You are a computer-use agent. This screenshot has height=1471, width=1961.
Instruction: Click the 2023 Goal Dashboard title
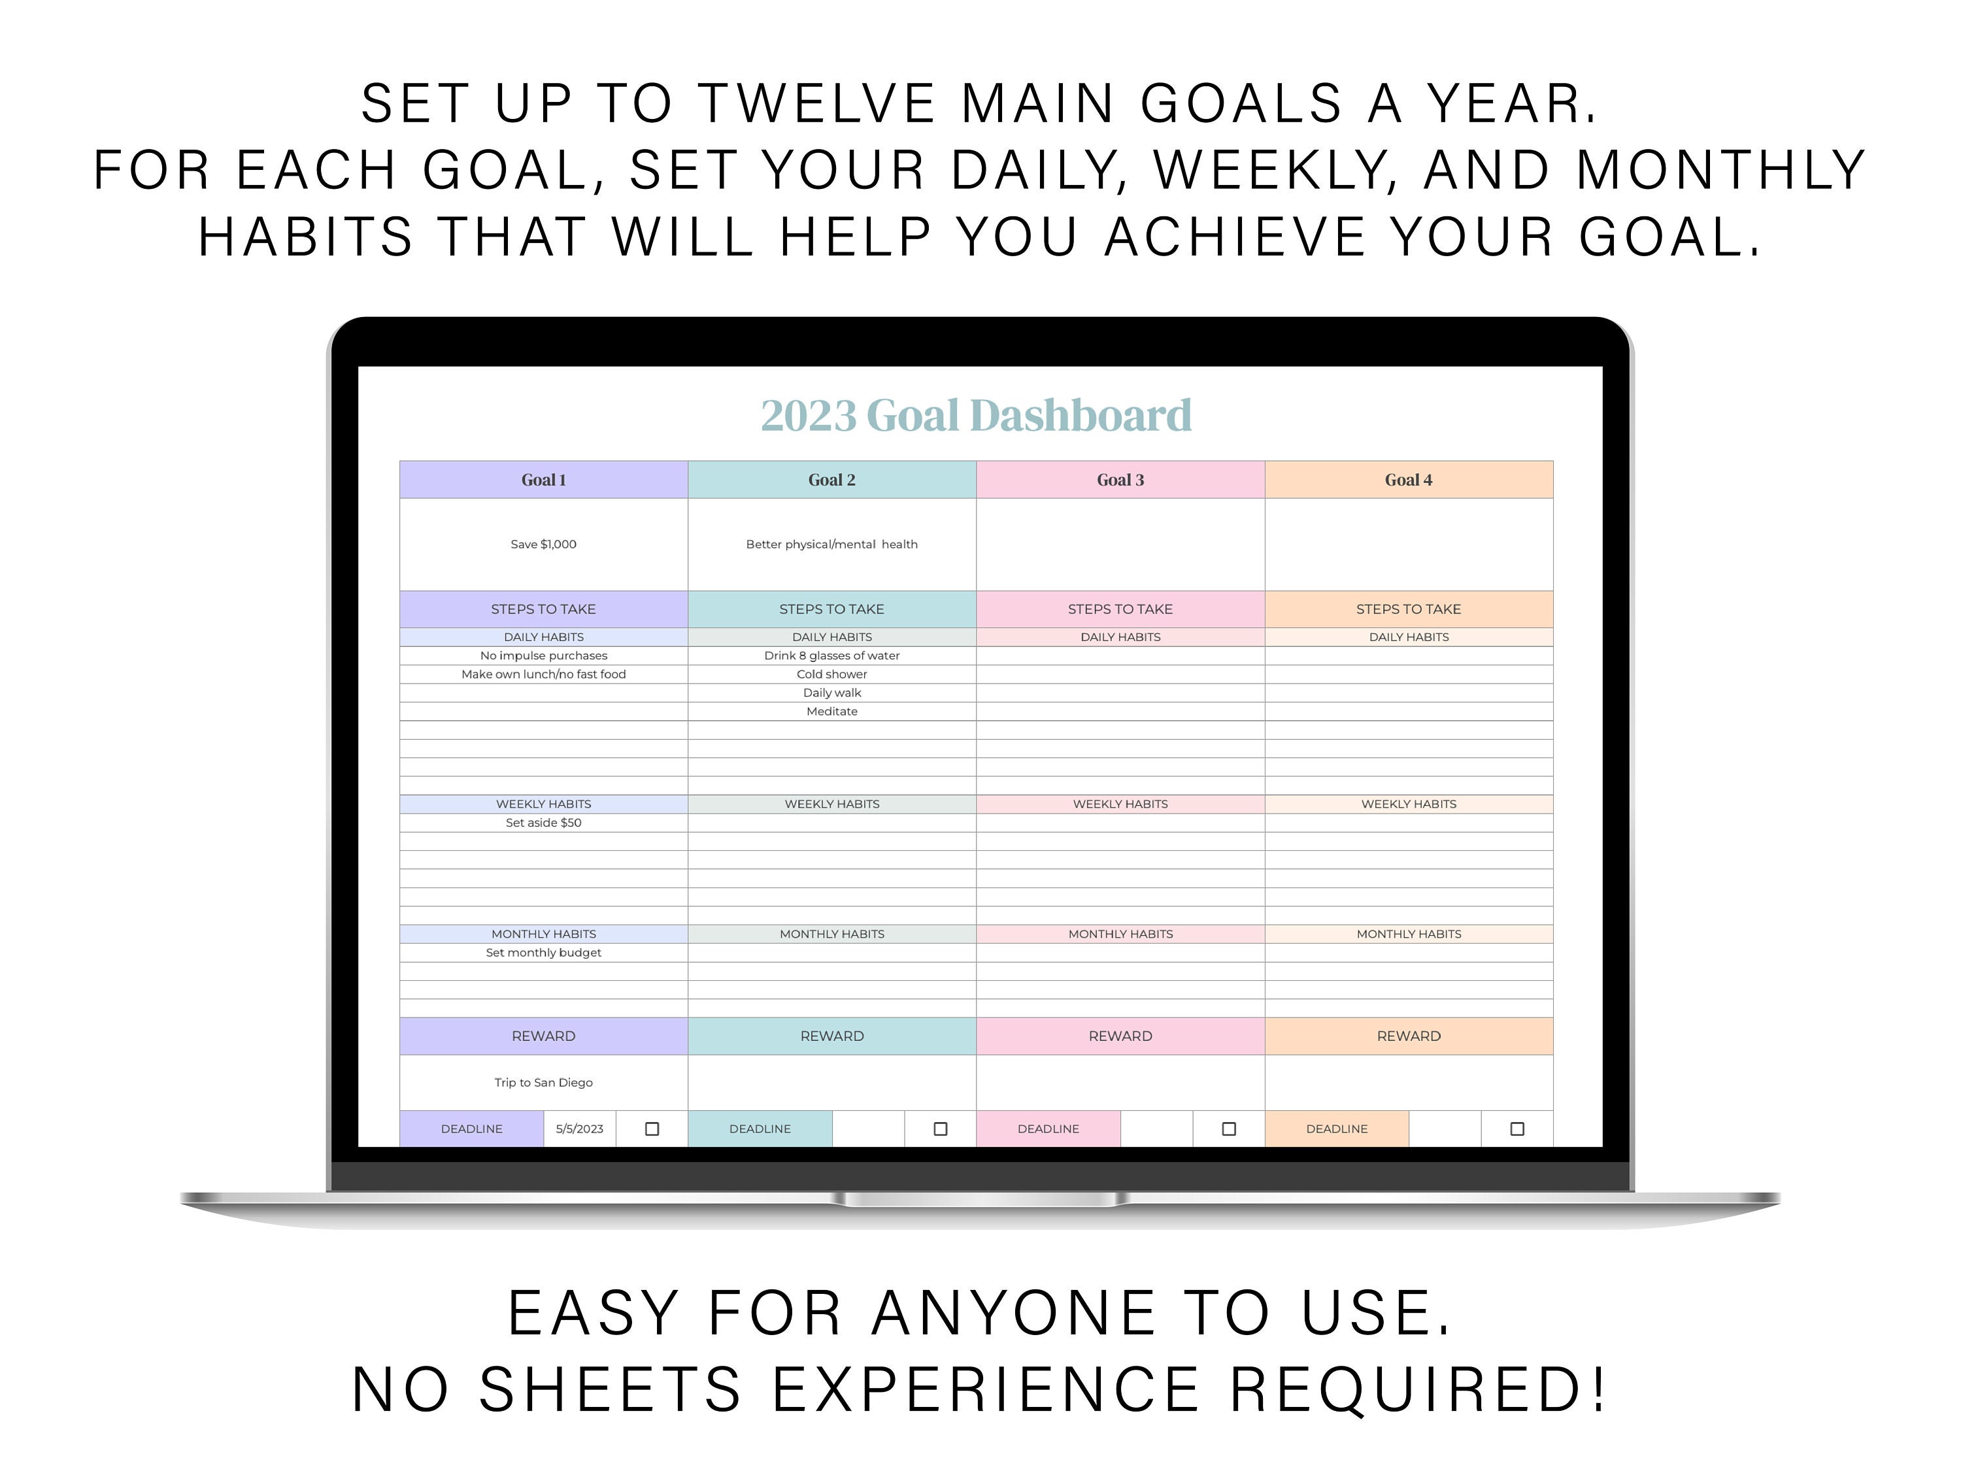coord(975,416)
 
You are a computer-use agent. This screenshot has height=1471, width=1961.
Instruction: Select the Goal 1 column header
coord(543,480)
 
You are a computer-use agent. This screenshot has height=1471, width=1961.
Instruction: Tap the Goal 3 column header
coord(1120,480)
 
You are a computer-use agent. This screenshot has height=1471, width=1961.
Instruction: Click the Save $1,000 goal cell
coord(543,544)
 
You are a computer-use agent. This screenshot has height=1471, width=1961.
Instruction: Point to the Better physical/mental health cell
coord(831,544)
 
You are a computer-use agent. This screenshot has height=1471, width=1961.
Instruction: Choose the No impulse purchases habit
coord(543,655)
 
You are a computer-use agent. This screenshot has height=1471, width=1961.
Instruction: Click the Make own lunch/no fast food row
coord(543,674)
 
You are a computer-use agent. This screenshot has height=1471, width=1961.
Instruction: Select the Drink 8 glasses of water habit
coord(831,655)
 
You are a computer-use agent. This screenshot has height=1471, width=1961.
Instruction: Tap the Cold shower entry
coord(831,674)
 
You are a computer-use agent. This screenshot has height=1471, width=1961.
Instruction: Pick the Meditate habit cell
coord(831,712)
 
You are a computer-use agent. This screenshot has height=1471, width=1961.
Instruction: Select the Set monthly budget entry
coord(543,953)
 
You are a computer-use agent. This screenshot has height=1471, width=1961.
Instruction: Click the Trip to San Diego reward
coord(543,1083)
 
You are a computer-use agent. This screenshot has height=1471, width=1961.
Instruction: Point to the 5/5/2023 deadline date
coord(579,1129)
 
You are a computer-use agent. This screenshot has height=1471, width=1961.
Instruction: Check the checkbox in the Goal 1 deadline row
coord(652,1129)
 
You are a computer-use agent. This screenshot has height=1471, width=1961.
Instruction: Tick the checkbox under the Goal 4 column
coord(1517,1129)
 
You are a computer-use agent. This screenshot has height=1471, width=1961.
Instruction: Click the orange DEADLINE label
coord(1336,1129)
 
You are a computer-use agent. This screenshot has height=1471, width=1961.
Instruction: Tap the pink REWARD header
coord(1120,1036)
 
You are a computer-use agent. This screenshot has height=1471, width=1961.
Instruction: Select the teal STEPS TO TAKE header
coord(831,610)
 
